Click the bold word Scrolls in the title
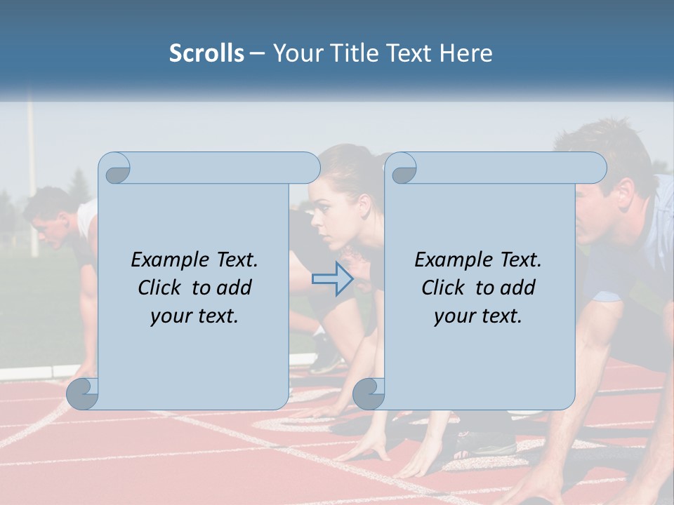coord(206,53)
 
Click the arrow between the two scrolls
coord(332,279)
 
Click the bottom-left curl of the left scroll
coord(82,393)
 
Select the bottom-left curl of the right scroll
coord(369,393)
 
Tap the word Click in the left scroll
coord(160,288)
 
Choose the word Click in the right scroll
coord(444,288)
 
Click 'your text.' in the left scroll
coord(194,316)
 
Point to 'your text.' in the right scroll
coord(478,316)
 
